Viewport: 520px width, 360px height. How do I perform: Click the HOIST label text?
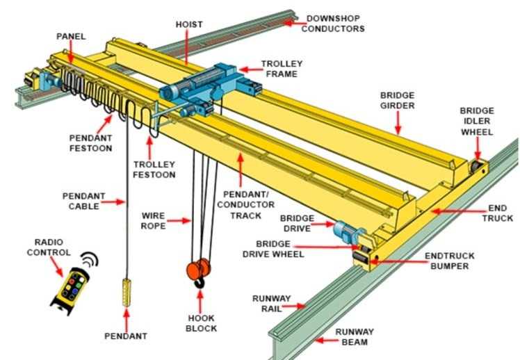189,24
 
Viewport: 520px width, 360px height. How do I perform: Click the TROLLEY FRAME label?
280,69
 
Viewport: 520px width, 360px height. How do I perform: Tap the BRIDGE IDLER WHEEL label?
477,121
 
